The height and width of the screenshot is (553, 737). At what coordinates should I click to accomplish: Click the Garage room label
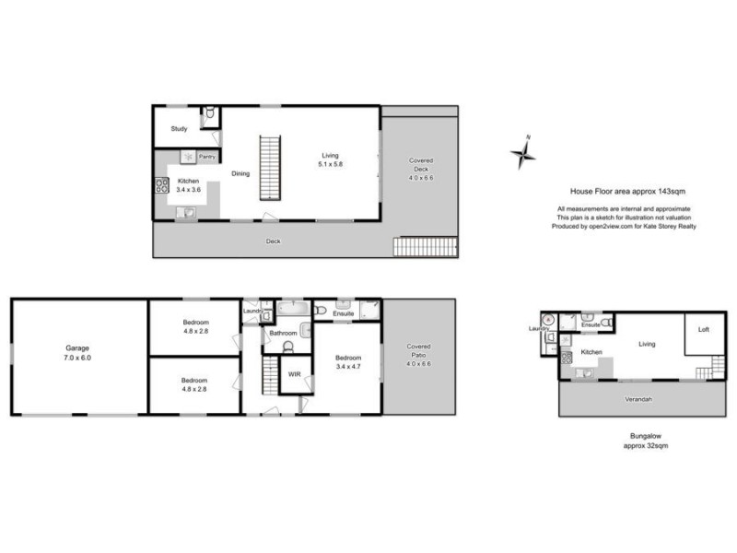tap(77, 349)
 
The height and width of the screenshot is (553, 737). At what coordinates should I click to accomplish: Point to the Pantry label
tap(207, 157)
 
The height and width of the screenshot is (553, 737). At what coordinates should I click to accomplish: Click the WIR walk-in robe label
tap(294, 374)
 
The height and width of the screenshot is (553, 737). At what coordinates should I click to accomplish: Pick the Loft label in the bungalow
tap(704, 329)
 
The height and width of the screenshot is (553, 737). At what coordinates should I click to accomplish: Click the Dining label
tap(240, 172)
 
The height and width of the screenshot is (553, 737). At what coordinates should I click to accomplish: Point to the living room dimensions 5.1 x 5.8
tap(331, 164)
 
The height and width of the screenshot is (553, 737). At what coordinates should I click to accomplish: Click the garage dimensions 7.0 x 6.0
tap(77, 358)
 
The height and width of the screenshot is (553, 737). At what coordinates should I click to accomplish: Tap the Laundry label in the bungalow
tap(540, 328)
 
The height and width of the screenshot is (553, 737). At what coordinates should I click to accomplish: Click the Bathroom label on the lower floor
tap(283, 333)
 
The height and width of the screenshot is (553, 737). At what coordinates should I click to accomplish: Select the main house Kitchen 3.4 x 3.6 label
tap(188, 184)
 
